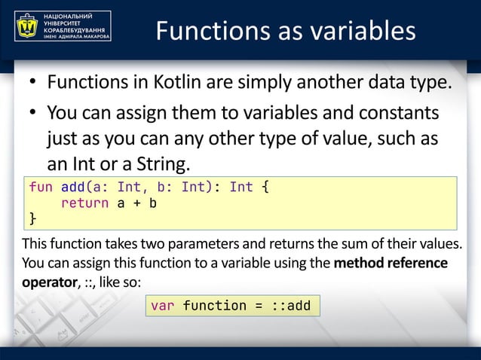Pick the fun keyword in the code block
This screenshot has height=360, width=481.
(x=41, y=187)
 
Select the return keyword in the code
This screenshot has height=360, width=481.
(x=84, y=203)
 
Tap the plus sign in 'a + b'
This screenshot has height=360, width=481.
(x=136, y=203)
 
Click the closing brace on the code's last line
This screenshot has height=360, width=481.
(x=32, y=218)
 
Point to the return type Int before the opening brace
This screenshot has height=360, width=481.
(x=241, y=187)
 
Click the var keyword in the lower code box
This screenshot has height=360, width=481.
(x=163, y=306)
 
